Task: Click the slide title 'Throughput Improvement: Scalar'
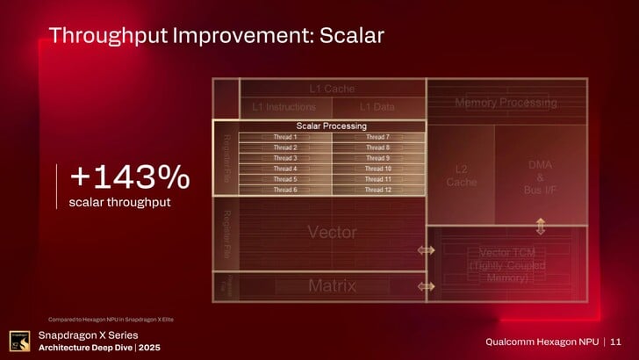click(216, 36)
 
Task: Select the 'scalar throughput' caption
click(118, 204)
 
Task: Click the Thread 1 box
click(284, 137)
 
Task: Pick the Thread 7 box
click(377, 137)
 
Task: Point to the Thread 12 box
click(377, 190)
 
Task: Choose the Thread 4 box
click(284, 169)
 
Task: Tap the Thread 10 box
click(377, 169)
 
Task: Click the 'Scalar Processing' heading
click(331, 126)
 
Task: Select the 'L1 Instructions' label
click(284, 107)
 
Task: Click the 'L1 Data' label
click(377, 107)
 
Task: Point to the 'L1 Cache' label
click(332, 89)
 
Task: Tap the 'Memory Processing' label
click(505, 104)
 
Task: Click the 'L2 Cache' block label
click(461, 176)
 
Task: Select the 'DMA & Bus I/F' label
click(540, 176)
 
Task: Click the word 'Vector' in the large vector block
click(332, 233)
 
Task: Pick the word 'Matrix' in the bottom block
click(332, 286)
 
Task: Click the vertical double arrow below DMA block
click(541, 226)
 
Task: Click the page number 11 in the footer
click(615, 341)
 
